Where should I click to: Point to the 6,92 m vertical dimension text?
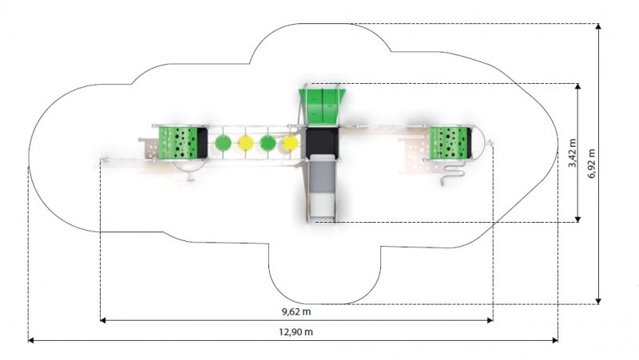pos(592,163)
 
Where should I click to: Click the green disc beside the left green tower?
pos(223,144)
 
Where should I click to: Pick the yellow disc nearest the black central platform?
pos(290,144)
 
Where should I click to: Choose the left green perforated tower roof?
pos(179,141)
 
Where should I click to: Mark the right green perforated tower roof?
pos(449,141)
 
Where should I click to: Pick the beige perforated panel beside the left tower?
pos(149,148)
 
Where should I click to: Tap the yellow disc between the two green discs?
pos(245,144)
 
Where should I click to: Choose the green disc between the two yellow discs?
pos(268,144)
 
